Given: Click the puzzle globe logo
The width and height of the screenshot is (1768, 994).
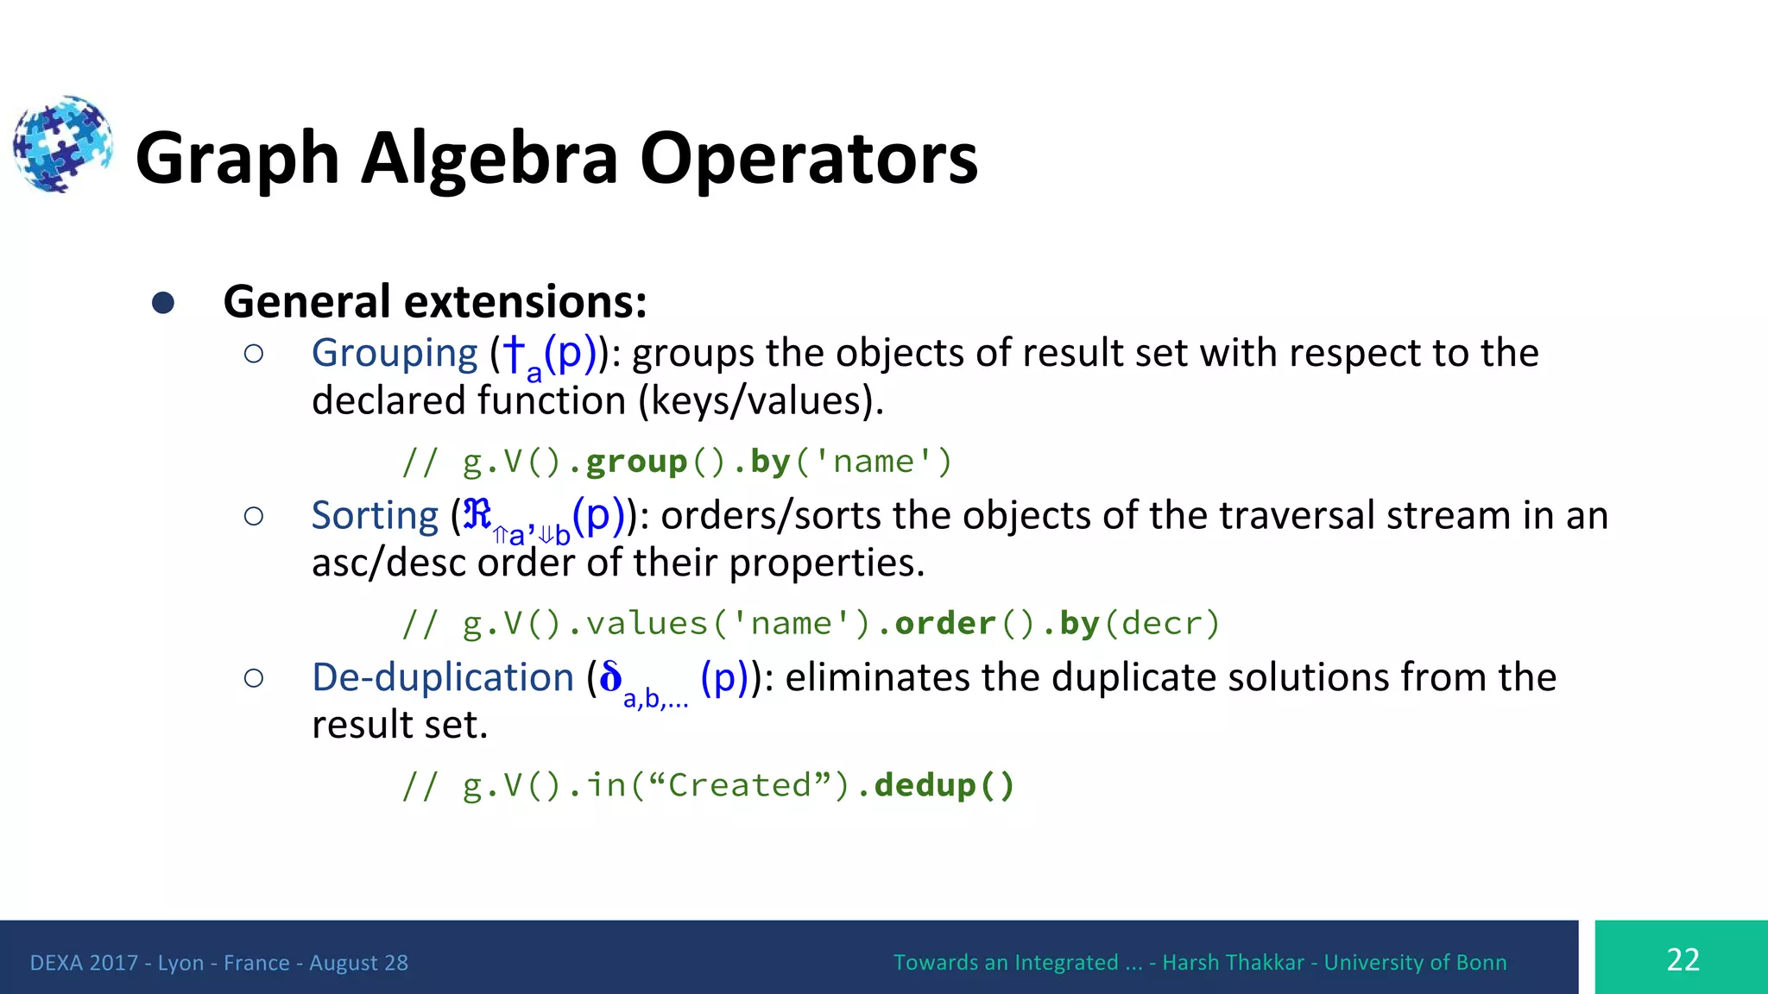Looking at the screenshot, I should pyautogui.click(x=62, y=144).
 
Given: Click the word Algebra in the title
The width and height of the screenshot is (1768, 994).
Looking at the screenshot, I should pyautogui.click(x=489, y=159).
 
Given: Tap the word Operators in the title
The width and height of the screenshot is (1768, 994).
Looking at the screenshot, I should pyautogui.click(x=808, y=159).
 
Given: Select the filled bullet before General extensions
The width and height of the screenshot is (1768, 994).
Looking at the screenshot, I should pyautogui.click(x=163, y=303).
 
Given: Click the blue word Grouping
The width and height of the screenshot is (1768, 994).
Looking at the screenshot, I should pyautogui.click(x=395, y=353).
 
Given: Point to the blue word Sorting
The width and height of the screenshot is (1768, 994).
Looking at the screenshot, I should pyautogui.click(x=375, y=515).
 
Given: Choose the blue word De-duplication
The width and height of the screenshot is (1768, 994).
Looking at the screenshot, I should pyautogui.click(x=443, y=677).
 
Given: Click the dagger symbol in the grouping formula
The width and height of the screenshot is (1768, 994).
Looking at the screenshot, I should pyautogui.click(x=514, y=352).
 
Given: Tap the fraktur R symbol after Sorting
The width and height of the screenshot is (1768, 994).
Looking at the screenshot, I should pyautogui.click(x=477, y=514).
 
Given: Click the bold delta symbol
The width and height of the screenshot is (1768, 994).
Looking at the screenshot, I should pyautogui.click(x=610, y=676).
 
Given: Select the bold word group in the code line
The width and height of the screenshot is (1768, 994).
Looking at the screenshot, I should pyautogui.click(x=636, y=462).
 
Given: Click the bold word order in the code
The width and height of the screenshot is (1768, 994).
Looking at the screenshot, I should pyautogui.click(x=944, y=623).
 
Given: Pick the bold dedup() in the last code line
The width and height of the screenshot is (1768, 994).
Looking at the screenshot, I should pyautogui.click(x=944, y=785).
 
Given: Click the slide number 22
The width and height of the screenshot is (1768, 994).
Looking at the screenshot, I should pyautogui.click(x=1683, y=959).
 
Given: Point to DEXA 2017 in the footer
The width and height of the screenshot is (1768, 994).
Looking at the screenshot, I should pyautogui.click(x=84, y=963).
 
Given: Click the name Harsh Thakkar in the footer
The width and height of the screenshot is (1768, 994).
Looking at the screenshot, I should pyautogui.click(x=1232, y=963).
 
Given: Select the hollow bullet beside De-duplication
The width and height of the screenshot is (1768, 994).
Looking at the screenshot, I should pyautogui.click(x=254, y=678).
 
